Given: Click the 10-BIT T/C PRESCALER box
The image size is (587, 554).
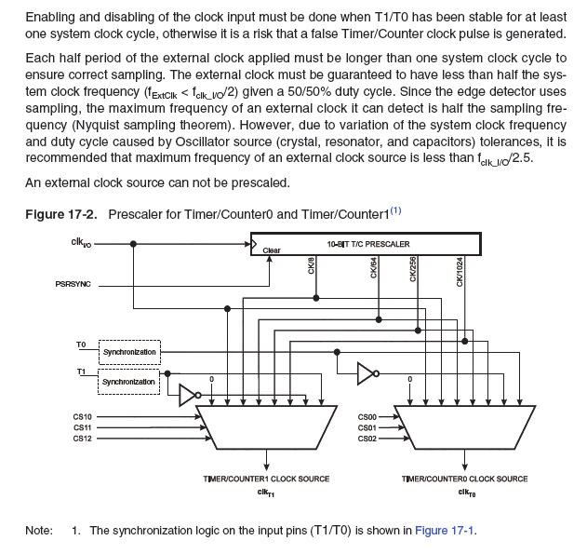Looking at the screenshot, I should [x=367, y=244].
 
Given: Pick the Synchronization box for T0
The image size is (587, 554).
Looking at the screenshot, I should [x=129, y=353].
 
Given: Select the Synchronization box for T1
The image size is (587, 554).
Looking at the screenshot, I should [x=129, y=382].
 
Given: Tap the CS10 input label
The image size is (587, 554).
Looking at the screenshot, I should [x=83, y=416].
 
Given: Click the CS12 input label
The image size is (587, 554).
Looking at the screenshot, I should [x=83, y=438].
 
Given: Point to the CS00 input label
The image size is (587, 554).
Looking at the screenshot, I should [x=367, y=416].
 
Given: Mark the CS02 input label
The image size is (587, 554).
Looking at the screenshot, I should [x=367, y=438].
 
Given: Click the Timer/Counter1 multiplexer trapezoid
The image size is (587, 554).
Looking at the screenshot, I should [x=267, y=426].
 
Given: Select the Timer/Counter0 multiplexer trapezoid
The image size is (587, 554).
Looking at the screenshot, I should [x=464, y=426].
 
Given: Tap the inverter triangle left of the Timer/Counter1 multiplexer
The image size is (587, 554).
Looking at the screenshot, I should [x=188, y=394].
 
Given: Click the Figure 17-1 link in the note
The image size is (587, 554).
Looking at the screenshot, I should [x=446, y=530].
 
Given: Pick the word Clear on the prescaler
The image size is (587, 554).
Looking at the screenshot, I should [x=272, y=250].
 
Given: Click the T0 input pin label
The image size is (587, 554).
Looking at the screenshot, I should [x=81, y=345].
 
